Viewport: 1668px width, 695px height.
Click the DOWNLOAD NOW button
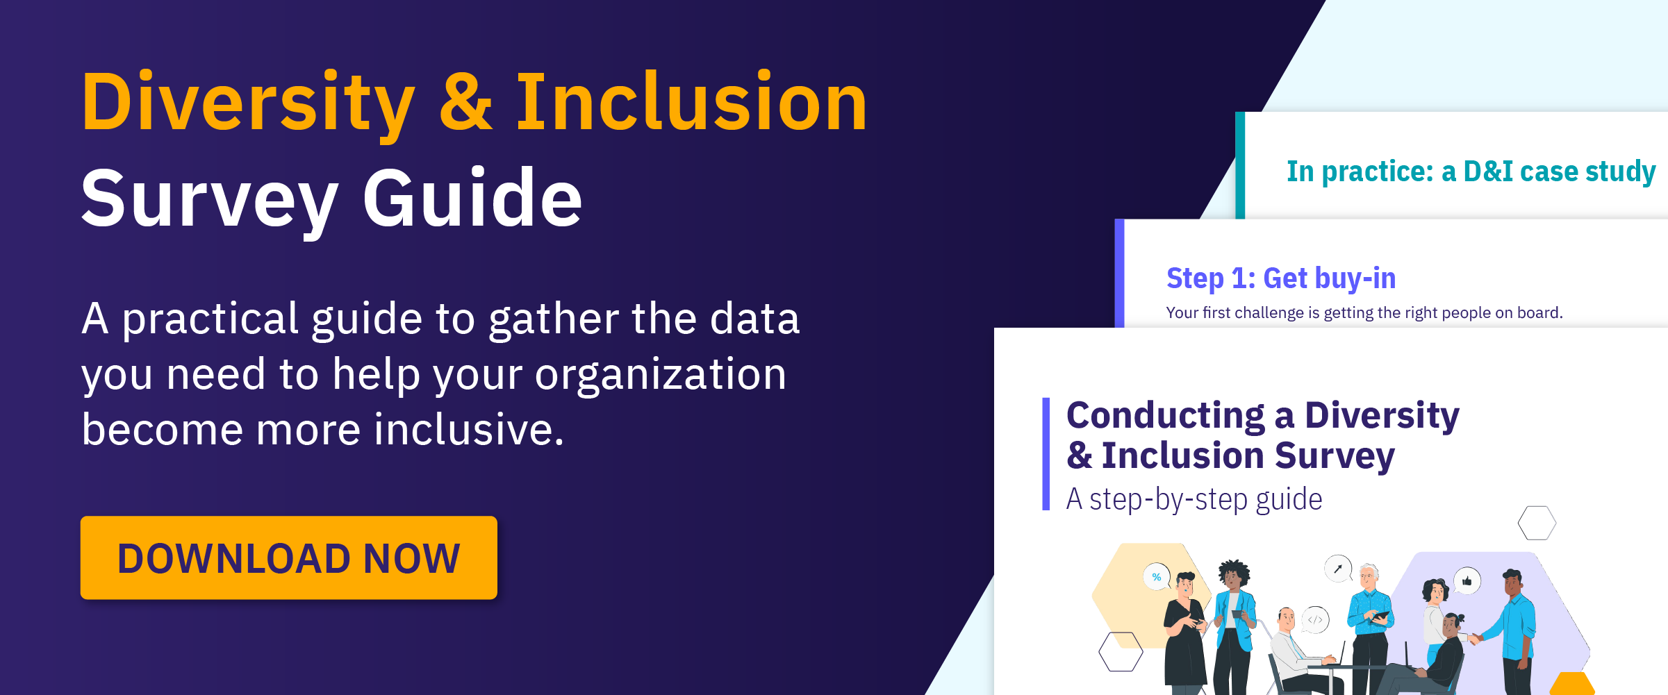[288, 558]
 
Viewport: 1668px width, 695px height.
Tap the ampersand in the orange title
[465, 102]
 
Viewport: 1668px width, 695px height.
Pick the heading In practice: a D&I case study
[1471, 171]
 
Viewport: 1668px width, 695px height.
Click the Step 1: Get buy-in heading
[1281, 278]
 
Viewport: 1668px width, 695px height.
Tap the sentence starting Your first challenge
[1364, 313]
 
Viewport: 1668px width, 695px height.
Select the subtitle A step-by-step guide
[1194, 499]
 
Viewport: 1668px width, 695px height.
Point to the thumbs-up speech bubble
[1467, 580]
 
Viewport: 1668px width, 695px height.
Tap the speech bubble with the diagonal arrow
[1338, 569]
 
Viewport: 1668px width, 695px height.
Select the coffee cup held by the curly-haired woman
[1237, 614]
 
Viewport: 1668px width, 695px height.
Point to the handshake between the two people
[1474, 637]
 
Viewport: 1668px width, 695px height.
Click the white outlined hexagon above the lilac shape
[1537, 523]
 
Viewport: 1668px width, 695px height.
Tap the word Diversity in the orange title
[248, 102]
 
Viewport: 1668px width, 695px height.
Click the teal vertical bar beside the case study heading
[1240, 165]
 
